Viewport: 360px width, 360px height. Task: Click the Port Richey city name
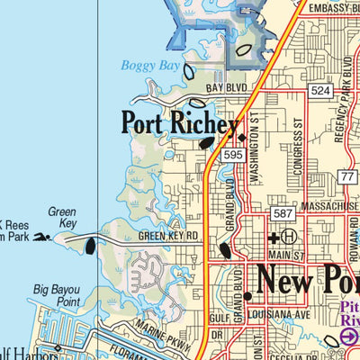point(180,123)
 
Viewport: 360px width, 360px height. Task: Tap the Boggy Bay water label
point(149,65)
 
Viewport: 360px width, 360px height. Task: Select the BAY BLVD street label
point(225,88)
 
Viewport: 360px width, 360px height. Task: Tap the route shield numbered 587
point(282,212)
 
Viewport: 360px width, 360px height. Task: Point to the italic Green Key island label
point(62,218)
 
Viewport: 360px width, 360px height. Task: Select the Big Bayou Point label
point(58,296)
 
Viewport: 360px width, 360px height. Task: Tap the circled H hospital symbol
point(289,238)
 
